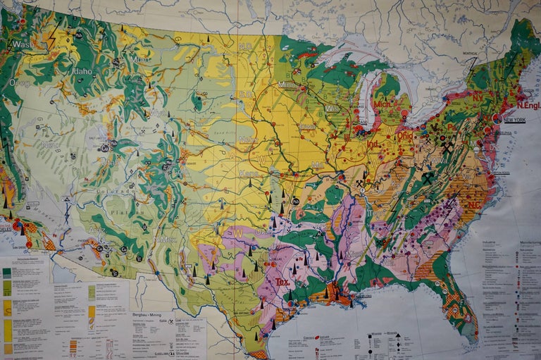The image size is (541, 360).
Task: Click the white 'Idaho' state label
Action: point(82,71)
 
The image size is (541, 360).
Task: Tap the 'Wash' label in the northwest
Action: point(21,44)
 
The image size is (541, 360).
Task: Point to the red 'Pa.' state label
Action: point(454,128)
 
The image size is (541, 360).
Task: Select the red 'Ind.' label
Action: point(372,144)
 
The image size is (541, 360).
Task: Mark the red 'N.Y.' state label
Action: point(478,96)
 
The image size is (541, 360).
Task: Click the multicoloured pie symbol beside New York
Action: point(497,118)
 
